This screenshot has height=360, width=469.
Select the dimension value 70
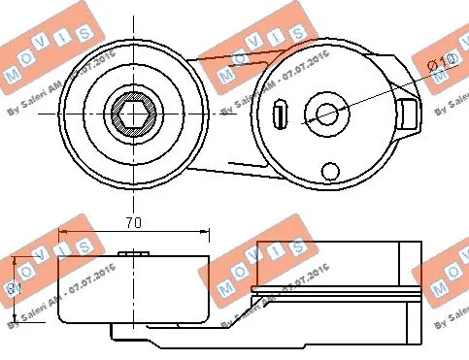(x=135, y=223)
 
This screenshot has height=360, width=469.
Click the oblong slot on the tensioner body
(x=279, y=114)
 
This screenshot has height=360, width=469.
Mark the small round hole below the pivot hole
(x=331, y=171)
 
